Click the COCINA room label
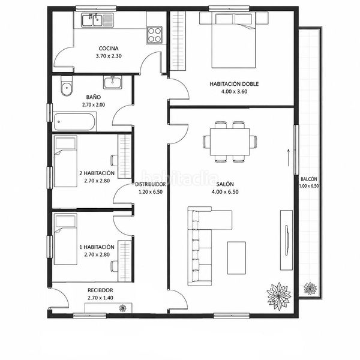coord(109,49)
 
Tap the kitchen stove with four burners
coord(155,35)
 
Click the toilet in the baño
coord(67,86)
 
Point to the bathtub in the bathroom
coord(74,122)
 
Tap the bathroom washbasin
coord(113,82)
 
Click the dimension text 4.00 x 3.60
coord(234,92)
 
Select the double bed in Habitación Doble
coord(233,40)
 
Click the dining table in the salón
coord(230,142)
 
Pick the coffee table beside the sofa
coord(236,258)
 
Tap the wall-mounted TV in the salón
coord(287,240)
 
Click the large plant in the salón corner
coord(279,296)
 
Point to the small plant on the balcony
coord(310,289)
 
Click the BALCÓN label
coord(309,179)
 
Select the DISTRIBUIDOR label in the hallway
coord(150,184)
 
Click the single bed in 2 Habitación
coord(65,161)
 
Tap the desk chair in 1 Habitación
coord(115,266)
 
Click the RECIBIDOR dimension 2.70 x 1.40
coord(100,298)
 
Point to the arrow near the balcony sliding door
coord(289,157)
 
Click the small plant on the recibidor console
coord(123,308)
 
